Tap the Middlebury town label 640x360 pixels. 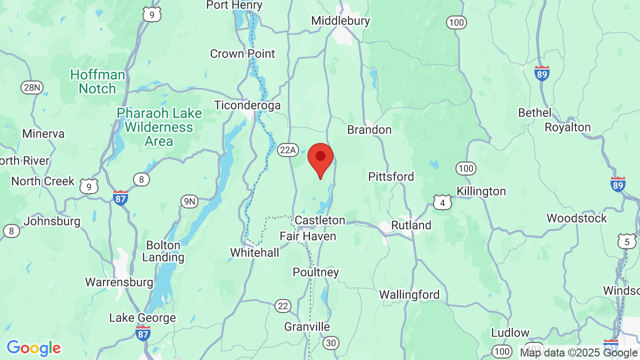pos(340,21)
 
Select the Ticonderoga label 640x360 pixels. pos(247,105)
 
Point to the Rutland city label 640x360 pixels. pos(411,225)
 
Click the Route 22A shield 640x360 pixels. pos(288,149)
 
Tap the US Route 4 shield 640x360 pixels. pos(442,202)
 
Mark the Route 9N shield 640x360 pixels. pos(189,201)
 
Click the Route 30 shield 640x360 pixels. pos(330,342)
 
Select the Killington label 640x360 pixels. pos(481,191)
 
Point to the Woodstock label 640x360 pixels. pos(576,218)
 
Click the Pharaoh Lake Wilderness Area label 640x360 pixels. pos(159,127)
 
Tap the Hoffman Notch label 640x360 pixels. pos(97,82)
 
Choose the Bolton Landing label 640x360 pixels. pos(163,251)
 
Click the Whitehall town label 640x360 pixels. pos(254,253)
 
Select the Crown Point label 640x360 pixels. pos(242,53)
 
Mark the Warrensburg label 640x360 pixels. pos(119,282)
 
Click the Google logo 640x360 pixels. pos(33,348)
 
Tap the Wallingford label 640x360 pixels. pos(409,295)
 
